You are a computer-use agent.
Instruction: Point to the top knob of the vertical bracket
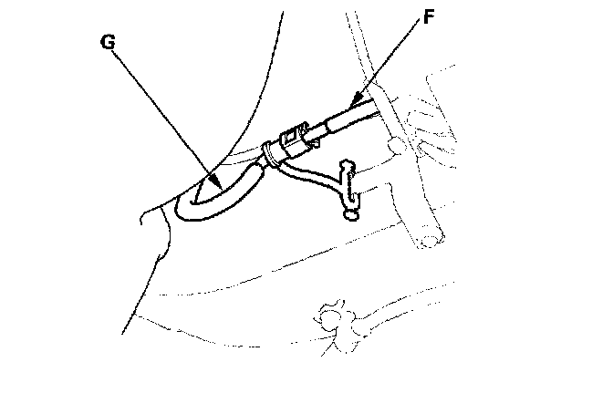[x=346, y=164]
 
